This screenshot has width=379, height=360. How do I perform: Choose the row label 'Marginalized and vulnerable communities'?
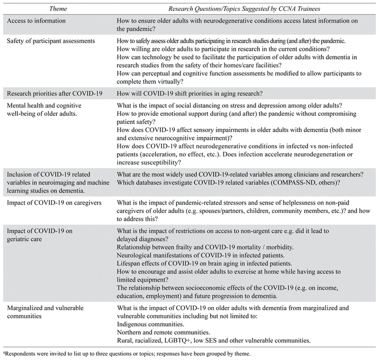click(46, 312)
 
